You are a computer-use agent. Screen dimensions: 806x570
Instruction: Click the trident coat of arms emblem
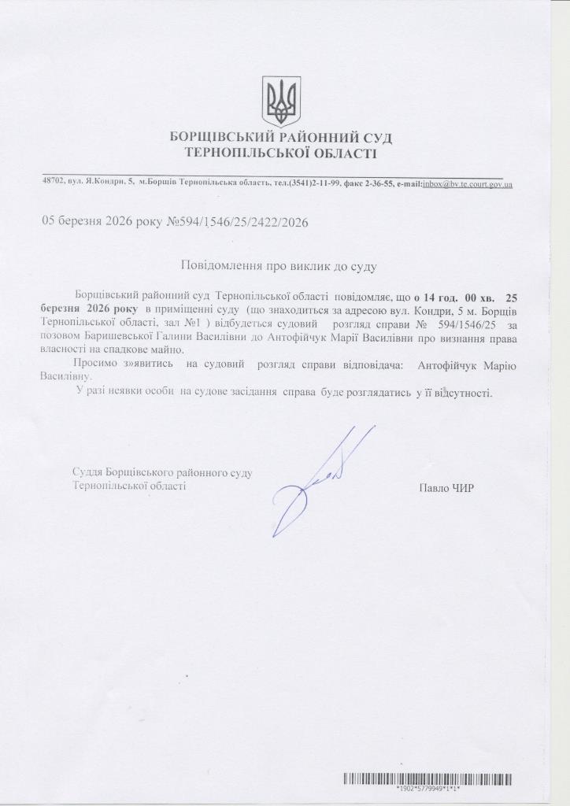pyautogui.click(x=281, y=102)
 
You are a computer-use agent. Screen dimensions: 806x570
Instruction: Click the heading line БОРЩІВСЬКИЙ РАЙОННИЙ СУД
pyautogui.click(x=281, y=139)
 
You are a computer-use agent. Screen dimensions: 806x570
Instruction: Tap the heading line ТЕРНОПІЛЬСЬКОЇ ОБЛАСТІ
pyautogui.click(x=281, y=152)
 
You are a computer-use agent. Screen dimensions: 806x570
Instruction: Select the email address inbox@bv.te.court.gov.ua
pyautogui.click(x=467, y=184)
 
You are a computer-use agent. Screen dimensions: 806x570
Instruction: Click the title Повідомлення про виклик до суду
pyautogui.click(x=279, y=266)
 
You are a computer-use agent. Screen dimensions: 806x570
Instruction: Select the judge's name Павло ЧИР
pyautogui.click(x=446, y=488)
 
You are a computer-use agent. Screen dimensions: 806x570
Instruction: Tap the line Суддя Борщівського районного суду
pyautogui.click(x=161, y=473)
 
